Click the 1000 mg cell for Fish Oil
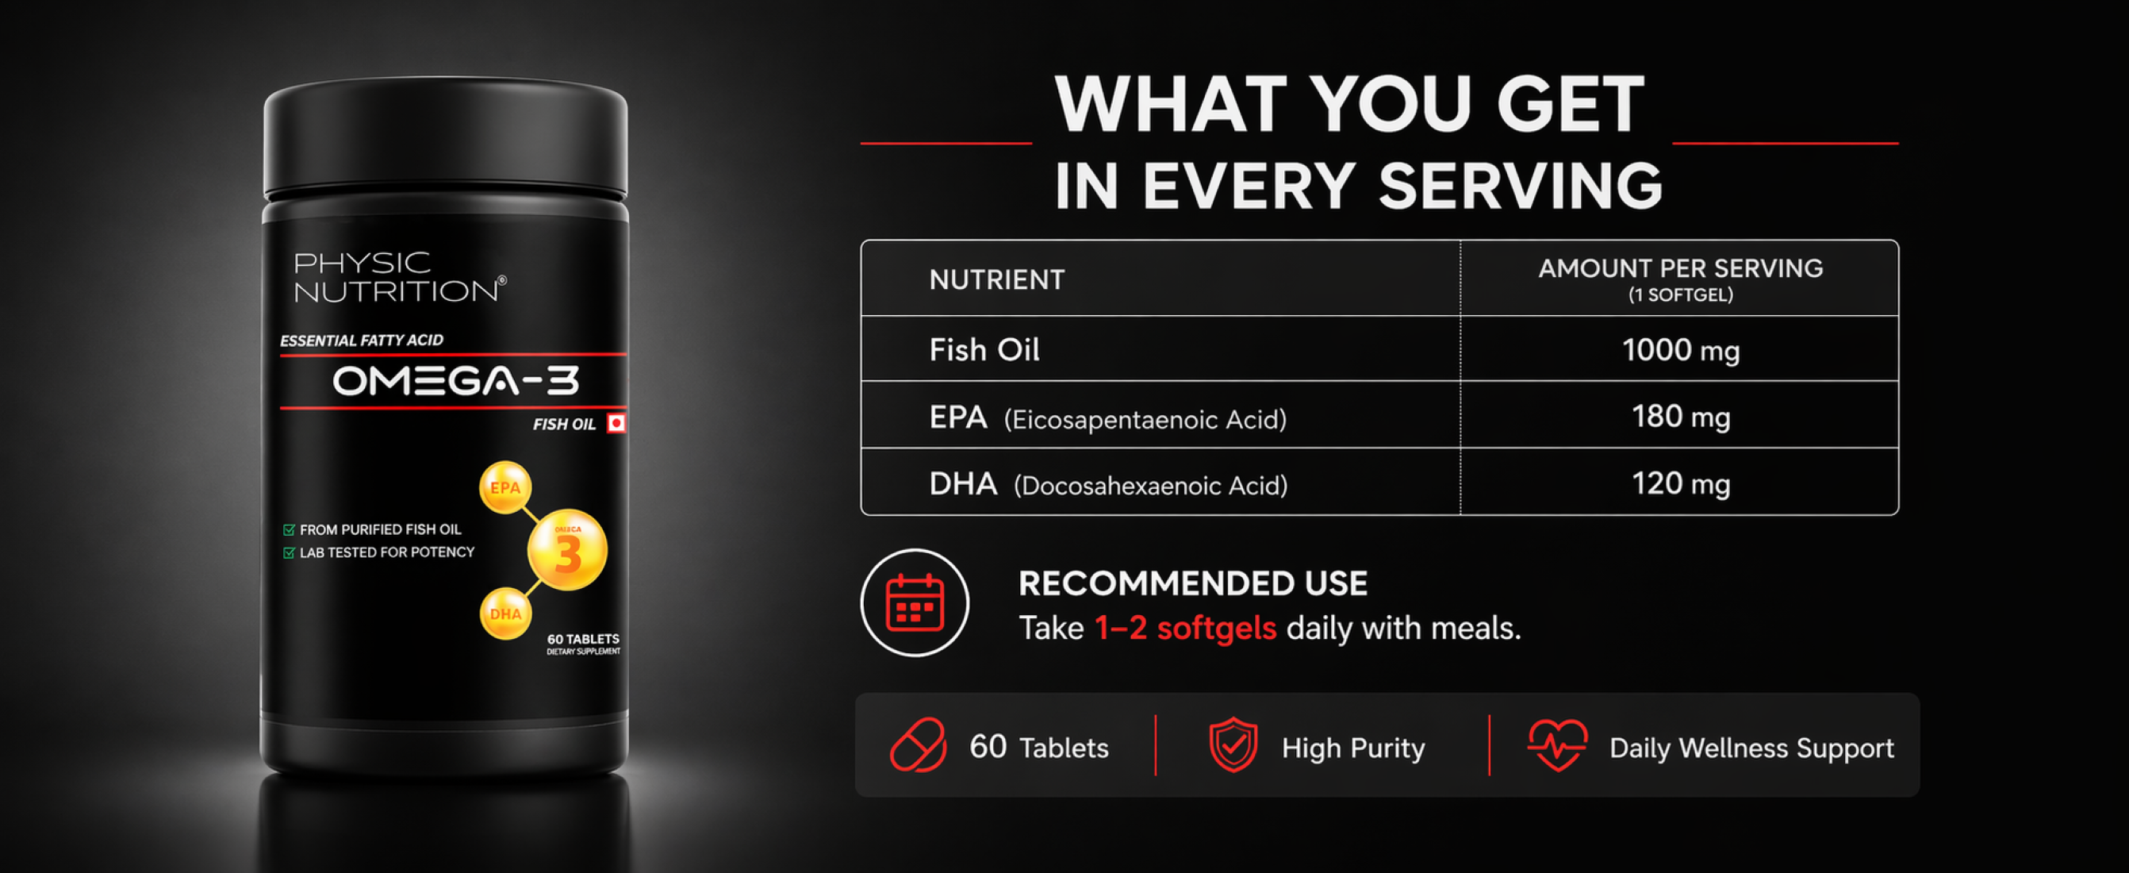point(1680,350)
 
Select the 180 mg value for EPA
point(1680,416)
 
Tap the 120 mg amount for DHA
point(1680,483)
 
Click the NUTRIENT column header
point(997,279)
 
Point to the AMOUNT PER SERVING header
point(1680,268)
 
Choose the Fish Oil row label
point(984,350)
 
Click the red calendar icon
point(914,602)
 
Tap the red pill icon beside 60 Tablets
point(919,745)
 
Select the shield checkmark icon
point(1233,745)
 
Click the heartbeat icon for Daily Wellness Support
point(1557,745)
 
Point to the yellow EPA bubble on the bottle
point(505,487)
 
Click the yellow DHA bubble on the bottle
point(505,613)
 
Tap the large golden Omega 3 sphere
point(568,550)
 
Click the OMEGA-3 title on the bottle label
point(455,381)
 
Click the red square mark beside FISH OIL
point(616,423)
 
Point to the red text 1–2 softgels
point(1185,629)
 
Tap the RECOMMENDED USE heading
point(1192,583)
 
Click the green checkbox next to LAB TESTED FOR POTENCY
point(289,552)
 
